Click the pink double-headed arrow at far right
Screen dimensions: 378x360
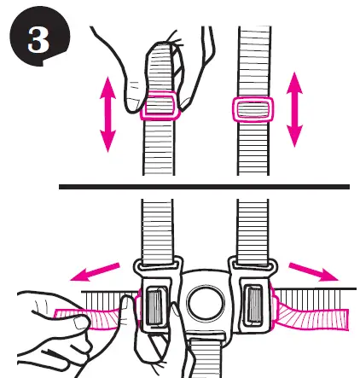tap(295, 108)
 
